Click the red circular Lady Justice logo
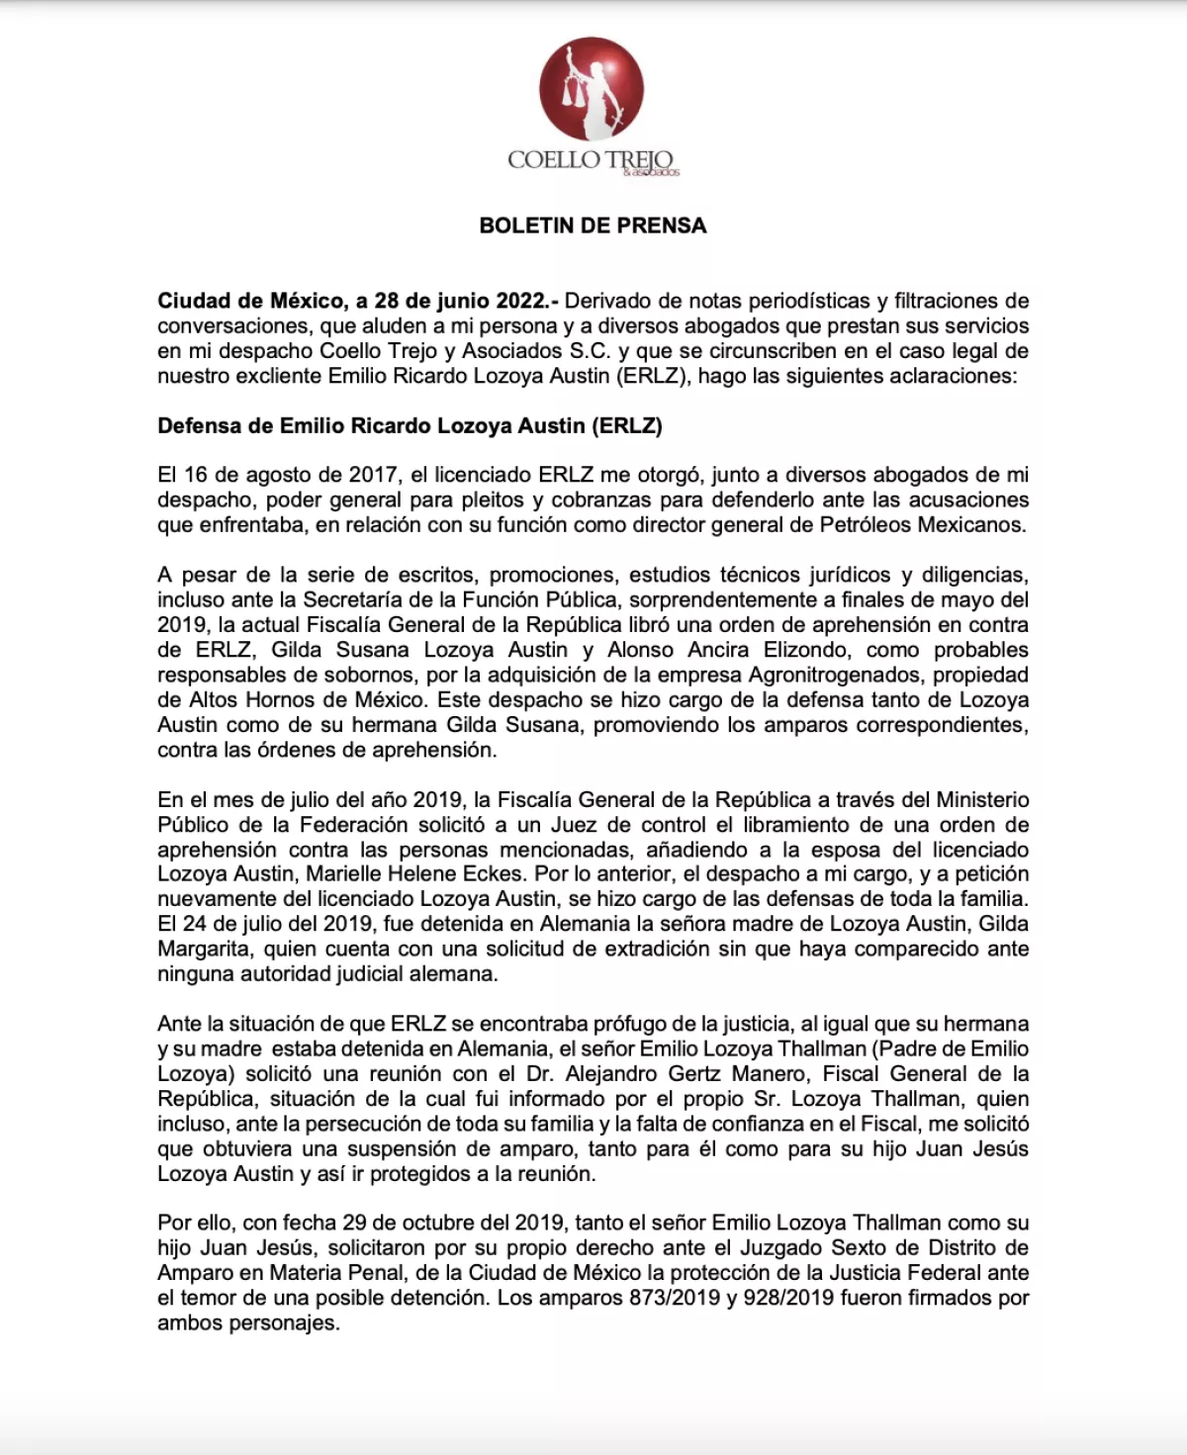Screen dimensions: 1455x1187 [592, 90]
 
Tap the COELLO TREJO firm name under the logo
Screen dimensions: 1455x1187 [591, 160]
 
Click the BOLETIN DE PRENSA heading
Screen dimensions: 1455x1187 [593, 226]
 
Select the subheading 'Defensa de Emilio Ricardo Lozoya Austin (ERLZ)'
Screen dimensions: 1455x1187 [410, 425]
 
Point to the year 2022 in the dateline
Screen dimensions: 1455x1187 [515, 301]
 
